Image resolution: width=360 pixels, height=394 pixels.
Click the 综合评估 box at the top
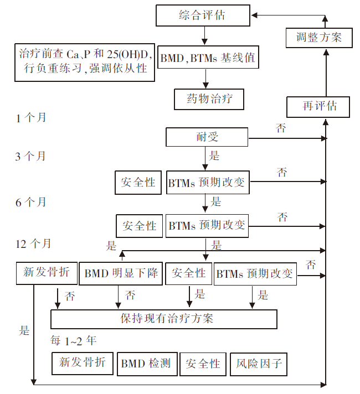203,15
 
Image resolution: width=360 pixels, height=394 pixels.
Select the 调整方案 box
319,38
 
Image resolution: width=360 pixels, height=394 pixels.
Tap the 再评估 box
318,107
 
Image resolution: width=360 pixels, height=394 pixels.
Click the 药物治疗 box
209,99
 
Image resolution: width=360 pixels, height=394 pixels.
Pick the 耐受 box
207,137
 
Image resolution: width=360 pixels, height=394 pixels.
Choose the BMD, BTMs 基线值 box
208,57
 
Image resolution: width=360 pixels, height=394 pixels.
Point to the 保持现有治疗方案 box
164,319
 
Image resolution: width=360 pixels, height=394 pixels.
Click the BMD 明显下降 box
121,273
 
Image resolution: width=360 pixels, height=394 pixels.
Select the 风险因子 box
259,364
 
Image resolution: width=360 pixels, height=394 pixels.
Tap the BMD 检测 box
147,364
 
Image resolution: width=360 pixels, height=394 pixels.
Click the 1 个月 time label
30,118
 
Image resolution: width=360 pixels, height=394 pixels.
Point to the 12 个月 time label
33,243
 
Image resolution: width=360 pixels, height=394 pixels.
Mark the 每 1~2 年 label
73,341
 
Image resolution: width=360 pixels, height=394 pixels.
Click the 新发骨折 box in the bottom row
83,364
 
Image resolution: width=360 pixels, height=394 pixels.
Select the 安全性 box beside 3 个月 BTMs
138,183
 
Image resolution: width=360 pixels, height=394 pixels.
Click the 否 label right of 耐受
281,128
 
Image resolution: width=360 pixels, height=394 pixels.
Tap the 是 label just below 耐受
214,155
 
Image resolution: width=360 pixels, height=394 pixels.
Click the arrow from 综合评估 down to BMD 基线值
204,35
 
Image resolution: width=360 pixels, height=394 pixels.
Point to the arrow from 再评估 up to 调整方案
326,73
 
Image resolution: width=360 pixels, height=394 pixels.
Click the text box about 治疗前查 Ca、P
85,63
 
